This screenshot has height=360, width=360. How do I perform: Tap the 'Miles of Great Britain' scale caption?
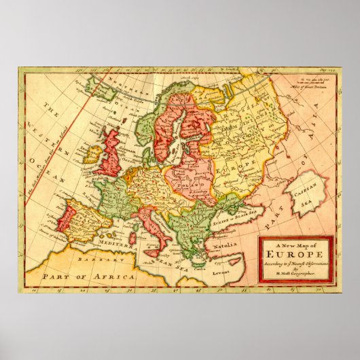pos(309,83)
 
